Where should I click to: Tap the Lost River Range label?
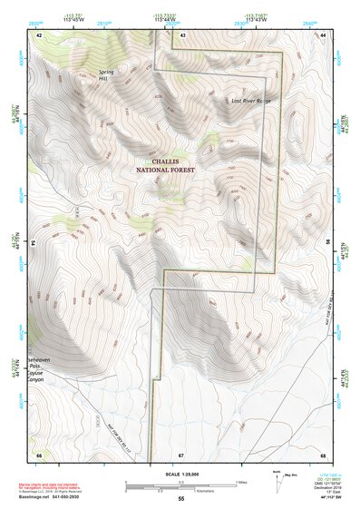click(251, 101)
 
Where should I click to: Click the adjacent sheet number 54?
click(34, 243)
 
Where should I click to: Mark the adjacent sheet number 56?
click(327, 243)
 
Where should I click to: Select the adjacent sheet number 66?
click(38, 454)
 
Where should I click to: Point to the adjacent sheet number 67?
click(181, 454)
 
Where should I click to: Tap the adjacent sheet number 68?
click(323, 454)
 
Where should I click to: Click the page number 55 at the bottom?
click(181, 499)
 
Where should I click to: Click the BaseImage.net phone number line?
click(60, 497)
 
